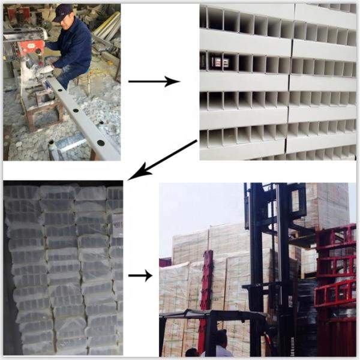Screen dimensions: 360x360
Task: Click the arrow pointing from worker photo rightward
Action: (154, 81)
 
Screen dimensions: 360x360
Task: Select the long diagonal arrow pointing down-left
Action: (163, 160)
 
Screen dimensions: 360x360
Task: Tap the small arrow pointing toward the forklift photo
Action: (140, 275)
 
